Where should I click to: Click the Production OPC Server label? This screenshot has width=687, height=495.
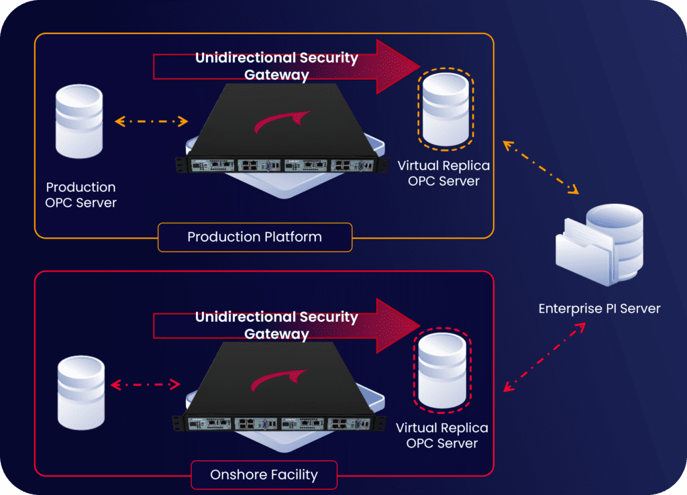(81, 195)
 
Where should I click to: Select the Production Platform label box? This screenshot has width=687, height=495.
(255, 237)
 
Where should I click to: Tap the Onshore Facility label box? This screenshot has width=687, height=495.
(264, 475)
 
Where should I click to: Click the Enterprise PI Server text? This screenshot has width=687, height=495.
(599, 309)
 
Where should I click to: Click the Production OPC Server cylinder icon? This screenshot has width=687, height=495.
(79, 121)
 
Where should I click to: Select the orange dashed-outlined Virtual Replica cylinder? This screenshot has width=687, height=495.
(445, 109)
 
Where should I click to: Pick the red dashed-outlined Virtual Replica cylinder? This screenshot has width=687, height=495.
(442, 371)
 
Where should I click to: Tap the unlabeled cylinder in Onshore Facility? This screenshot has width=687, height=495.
(81, 392)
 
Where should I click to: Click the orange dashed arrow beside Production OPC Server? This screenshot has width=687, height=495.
(152, 121)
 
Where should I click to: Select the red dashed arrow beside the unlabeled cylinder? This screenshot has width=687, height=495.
(146, 384)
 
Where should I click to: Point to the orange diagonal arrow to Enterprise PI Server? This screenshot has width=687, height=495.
(541, 167)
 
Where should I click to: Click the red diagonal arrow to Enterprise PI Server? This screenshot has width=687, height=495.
(545, 357)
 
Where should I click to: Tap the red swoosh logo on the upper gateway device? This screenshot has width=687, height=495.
(282, 121)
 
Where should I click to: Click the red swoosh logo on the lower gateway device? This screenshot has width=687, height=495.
(279, 380)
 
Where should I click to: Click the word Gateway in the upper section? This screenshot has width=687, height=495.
(276, 75)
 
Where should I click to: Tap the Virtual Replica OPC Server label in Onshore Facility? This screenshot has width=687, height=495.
(441, 435)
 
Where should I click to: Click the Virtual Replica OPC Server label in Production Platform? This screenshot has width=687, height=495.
(443, 173)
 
